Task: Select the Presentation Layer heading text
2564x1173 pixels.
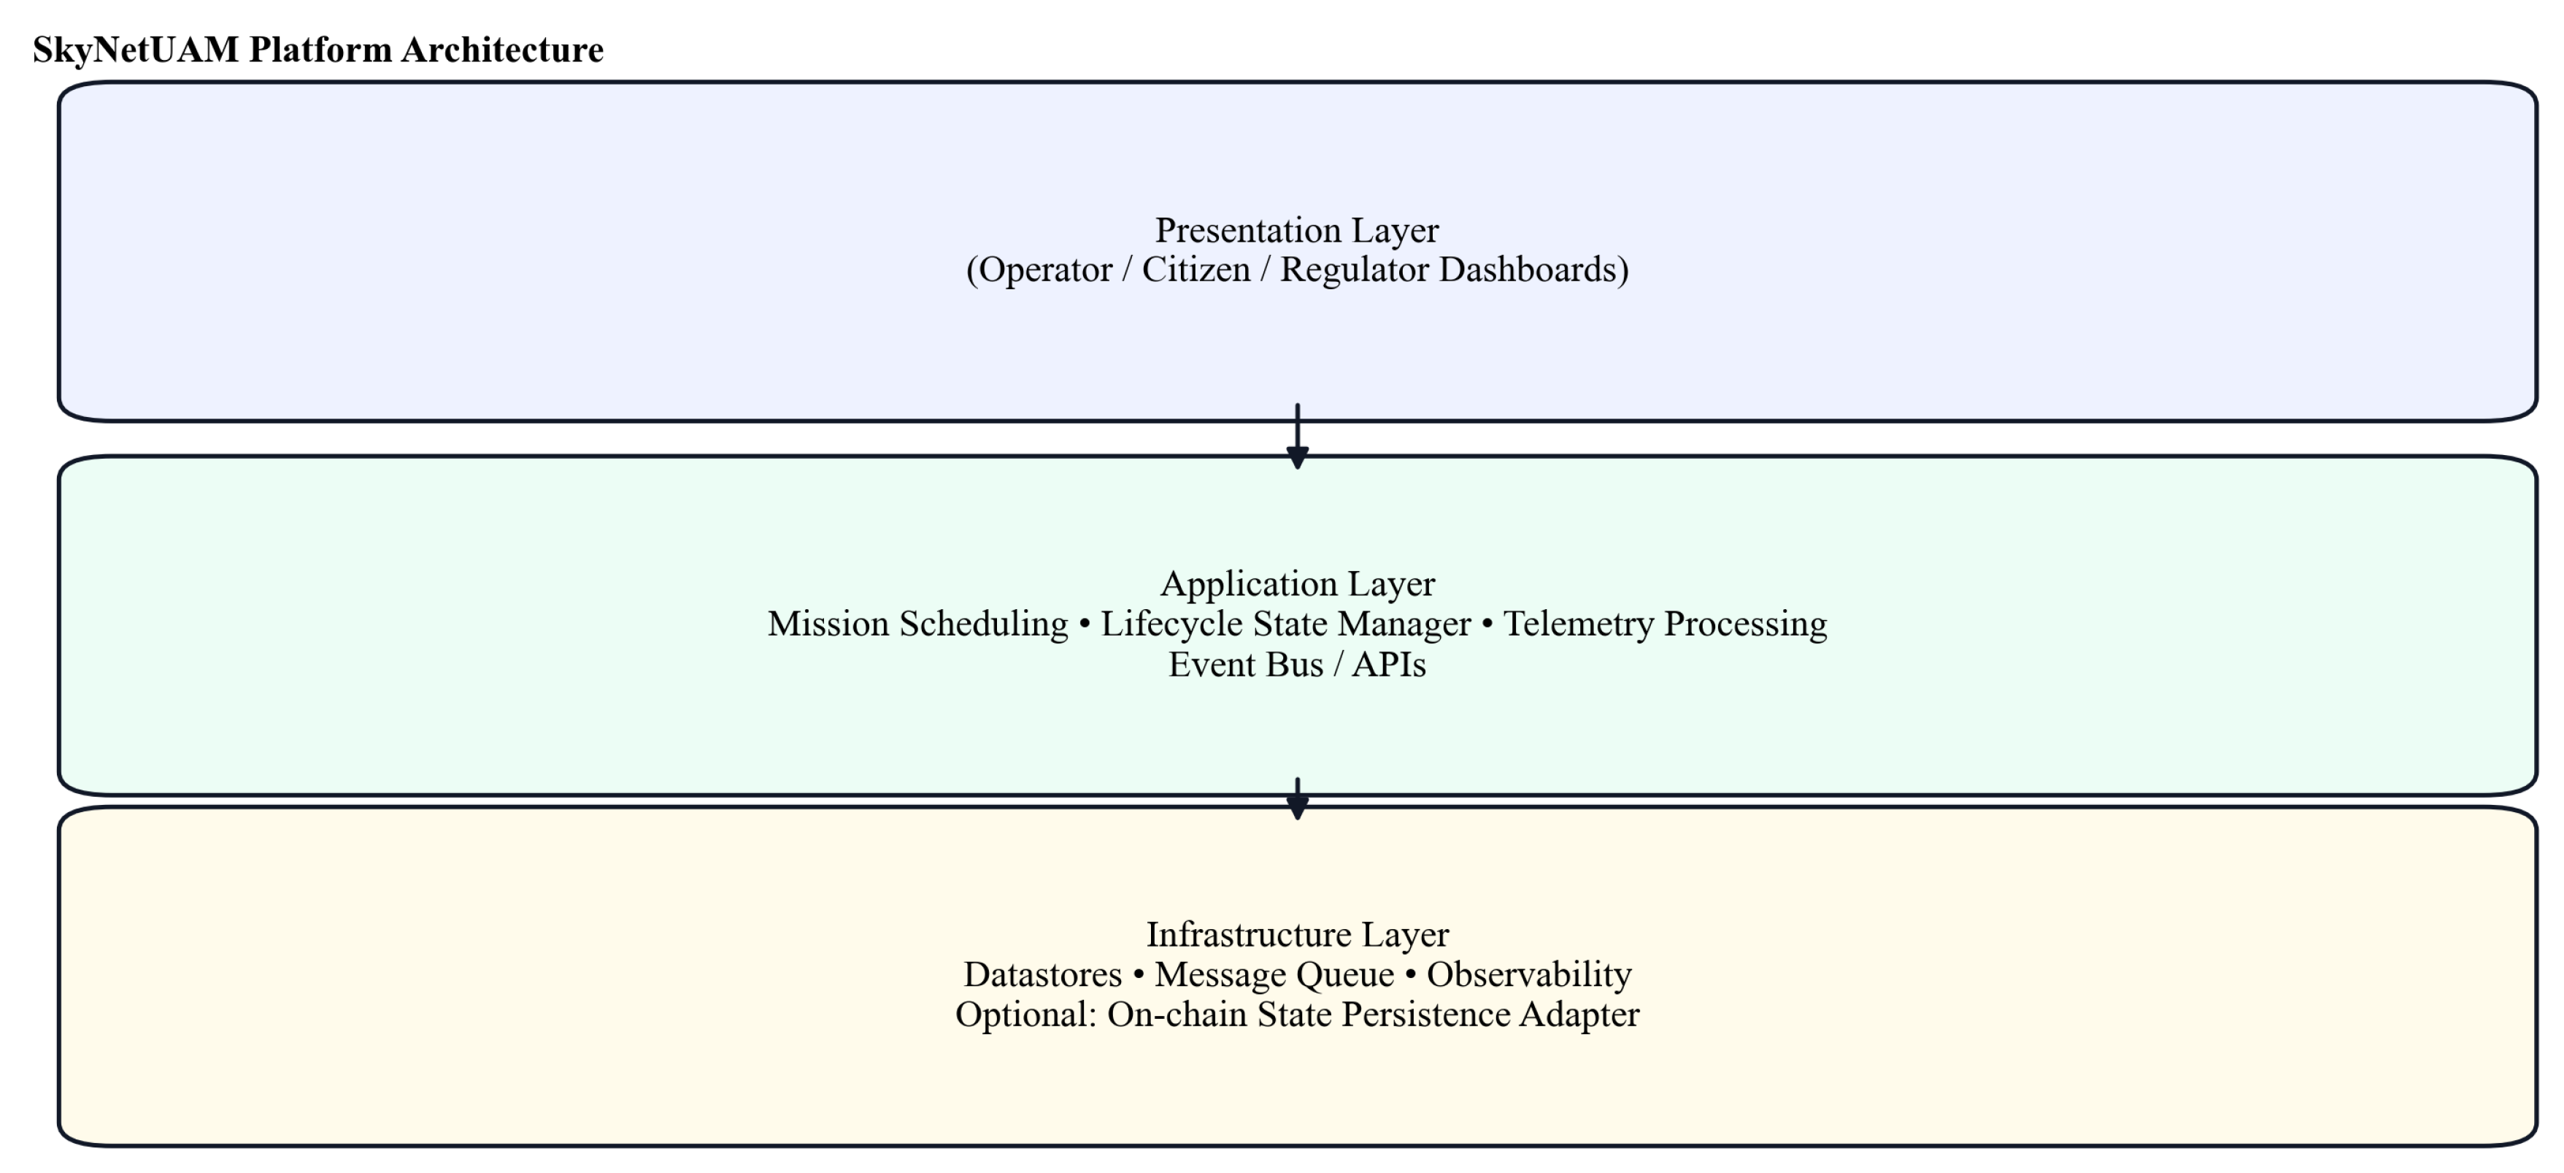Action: point(1296,230)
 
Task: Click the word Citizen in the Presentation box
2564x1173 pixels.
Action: point(1196,270)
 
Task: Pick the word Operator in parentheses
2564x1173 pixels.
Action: point(1045,270)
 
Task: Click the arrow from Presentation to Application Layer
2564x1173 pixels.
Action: point(1297,438)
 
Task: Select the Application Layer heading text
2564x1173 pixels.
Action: point(1297,584)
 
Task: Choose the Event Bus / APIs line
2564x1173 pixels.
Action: point(1297,664)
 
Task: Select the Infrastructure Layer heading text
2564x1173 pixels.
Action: point(1297,934)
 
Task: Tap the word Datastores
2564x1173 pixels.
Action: point(1042,974)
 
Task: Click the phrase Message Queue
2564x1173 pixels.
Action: point(1274,974)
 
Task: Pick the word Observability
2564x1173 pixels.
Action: point(1529,974)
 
